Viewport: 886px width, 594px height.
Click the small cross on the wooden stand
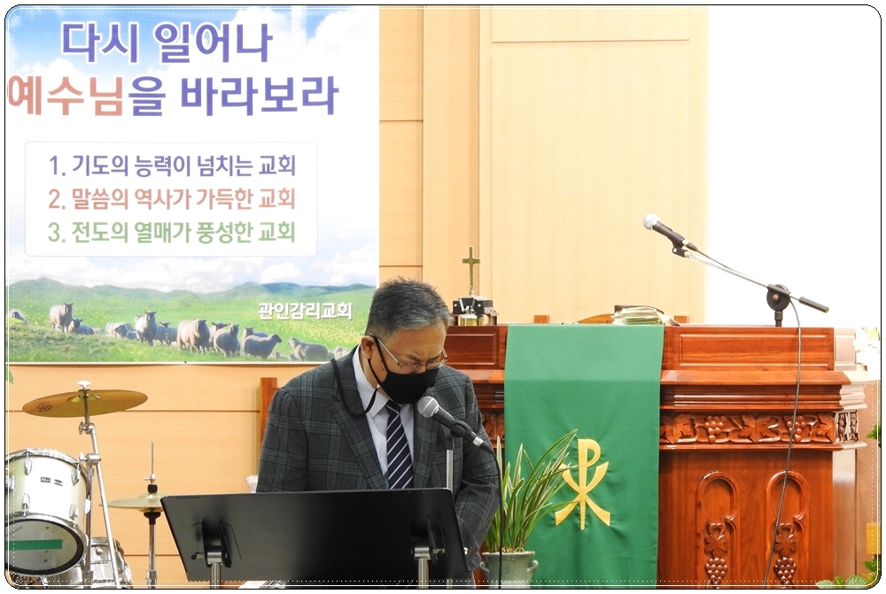pyautogui.click(x=470, y=270)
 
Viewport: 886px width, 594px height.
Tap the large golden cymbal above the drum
pyautogui.click(x=85, y=401)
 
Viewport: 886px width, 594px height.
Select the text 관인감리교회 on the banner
pyautogui.click(x=305, y=310)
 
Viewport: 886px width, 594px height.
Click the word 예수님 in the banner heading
pyautogui.click(x=66, y=96)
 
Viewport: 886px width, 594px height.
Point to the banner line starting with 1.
pyautogui.click(x=172, y=166)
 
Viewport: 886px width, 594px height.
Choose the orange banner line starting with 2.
pyautogui.click(x=172, y=199)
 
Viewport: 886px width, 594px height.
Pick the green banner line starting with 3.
pyautogui.click(x=172, y=232)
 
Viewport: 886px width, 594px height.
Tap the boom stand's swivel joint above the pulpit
pyautogui.click(x=778, y=296)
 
